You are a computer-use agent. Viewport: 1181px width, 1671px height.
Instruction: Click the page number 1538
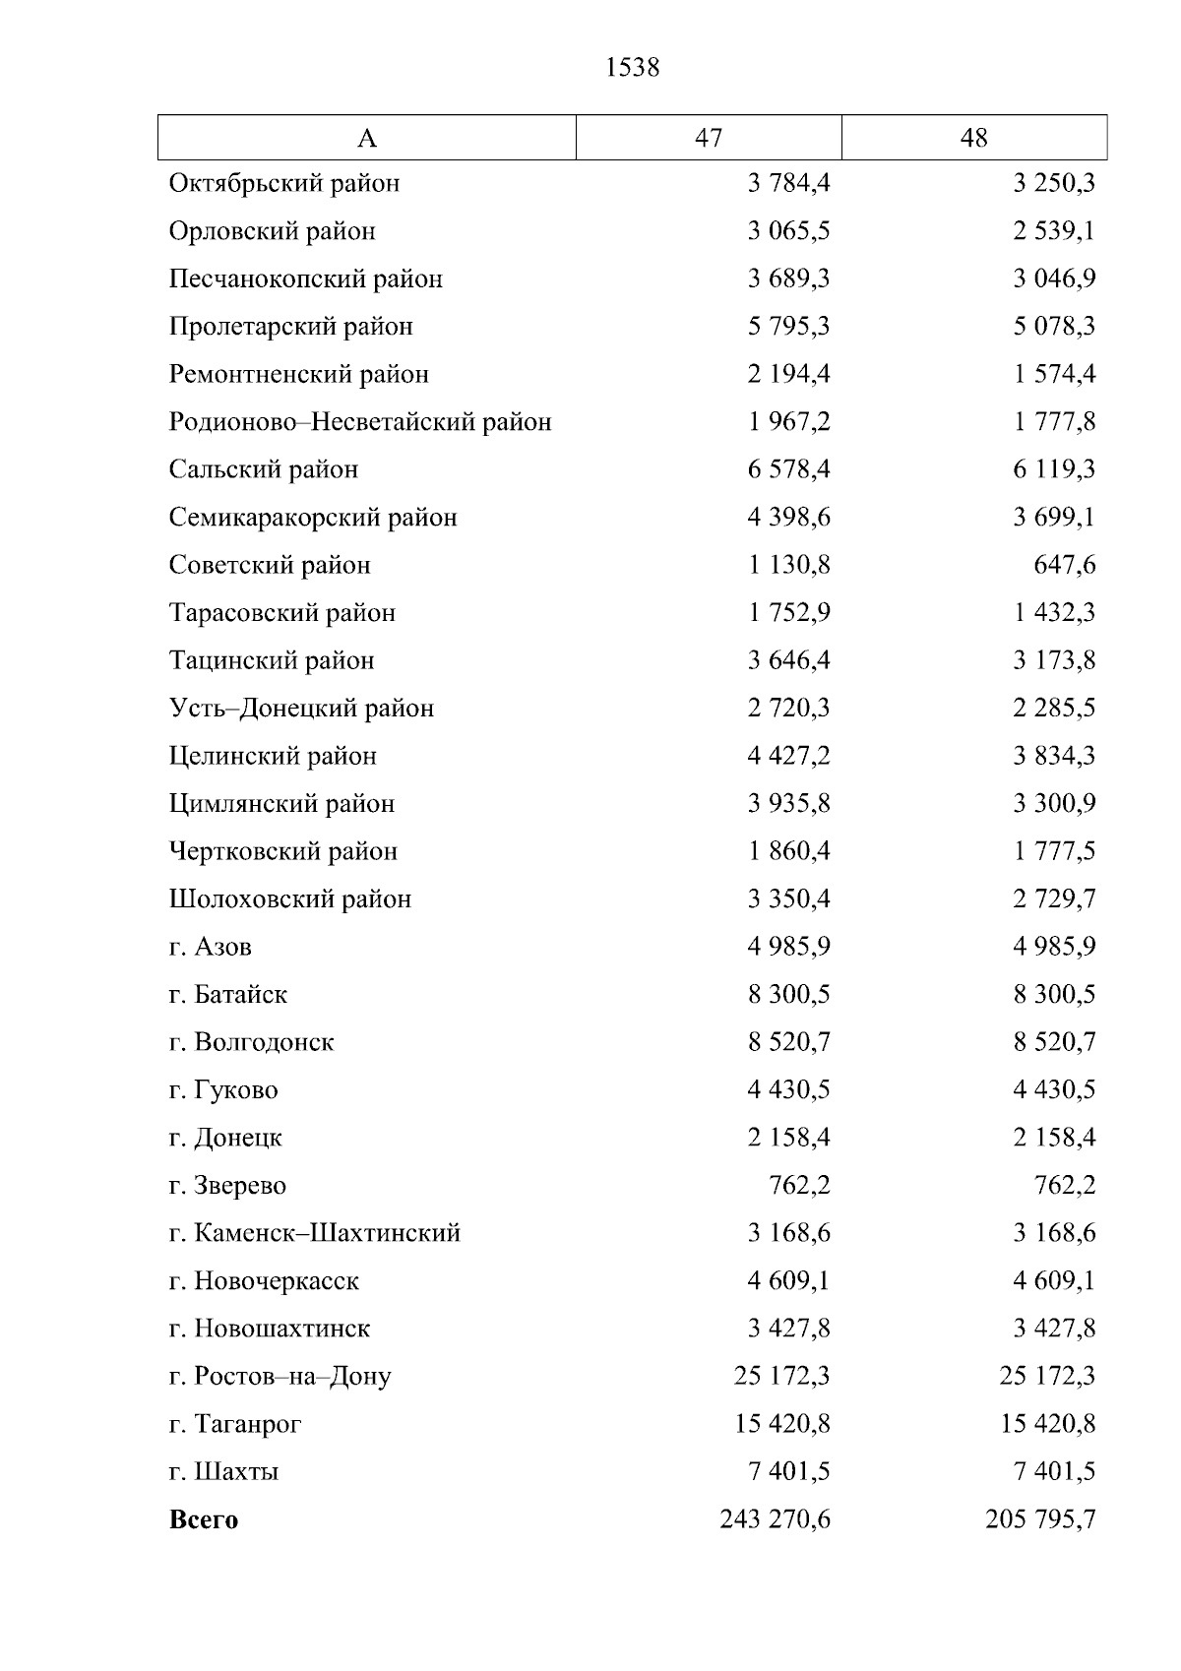pyautogui.click(x=633, y=68)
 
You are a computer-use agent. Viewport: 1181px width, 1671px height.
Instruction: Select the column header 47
pyautogui.click(x=709, y=138)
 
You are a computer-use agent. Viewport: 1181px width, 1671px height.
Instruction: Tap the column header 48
pyautogui.click(x=973, y=138)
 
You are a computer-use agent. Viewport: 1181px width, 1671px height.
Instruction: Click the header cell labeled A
pyautogui.click(x=366, y=139)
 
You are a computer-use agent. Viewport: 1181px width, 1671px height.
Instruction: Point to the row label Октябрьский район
pyautogui.click(x=284, y=183)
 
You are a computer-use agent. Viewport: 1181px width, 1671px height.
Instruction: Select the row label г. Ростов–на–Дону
pyautogui.click(x=280, y=1376)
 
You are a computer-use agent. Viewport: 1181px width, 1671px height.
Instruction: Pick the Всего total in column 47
pyautogui.click(x=775, y=1519)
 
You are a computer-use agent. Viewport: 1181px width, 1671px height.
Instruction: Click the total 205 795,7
pyautogui.click(x=1040, y=1519)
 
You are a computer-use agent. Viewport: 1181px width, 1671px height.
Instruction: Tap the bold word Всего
pyautogui.click(x=204, y=1519)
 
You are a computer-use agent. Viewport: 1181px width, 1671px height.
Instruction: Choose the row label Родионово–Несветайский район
pyautogui.click(x=360, y=422)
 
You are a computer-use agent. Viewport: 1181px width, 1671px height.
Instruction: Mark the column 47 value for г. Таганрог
pyautogui.click(x=781, y=1424)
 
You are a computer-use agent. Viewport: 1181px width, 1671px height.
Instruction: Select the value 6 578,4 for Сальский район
pyautogui.click(x=788, y=469)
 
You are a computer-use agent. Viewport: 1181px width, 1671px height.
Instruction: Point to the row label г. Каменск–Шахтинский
pyautogui.click(x=315, y=1233)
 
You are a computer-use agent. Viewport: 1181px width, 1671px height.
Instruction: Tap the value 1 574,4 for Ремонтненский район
pyautogui.click(x=1054, y=374)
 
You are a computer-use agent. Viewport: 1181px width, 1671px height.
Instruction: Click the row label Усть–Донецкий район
pyautogui.click(x=301, y=709)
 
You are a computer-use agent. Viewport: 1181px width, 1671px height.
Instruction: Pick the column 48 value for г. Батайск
pyautogui.click(x=1054, y=994)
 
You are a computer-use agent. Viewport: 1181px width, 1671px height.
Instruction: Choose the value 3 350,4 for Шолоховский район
pyautogui.click(x=788, y=898)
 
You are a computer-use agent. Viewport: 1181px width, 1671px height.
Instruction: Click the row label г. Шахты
pyautogui.click(x=224, y=1472)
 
